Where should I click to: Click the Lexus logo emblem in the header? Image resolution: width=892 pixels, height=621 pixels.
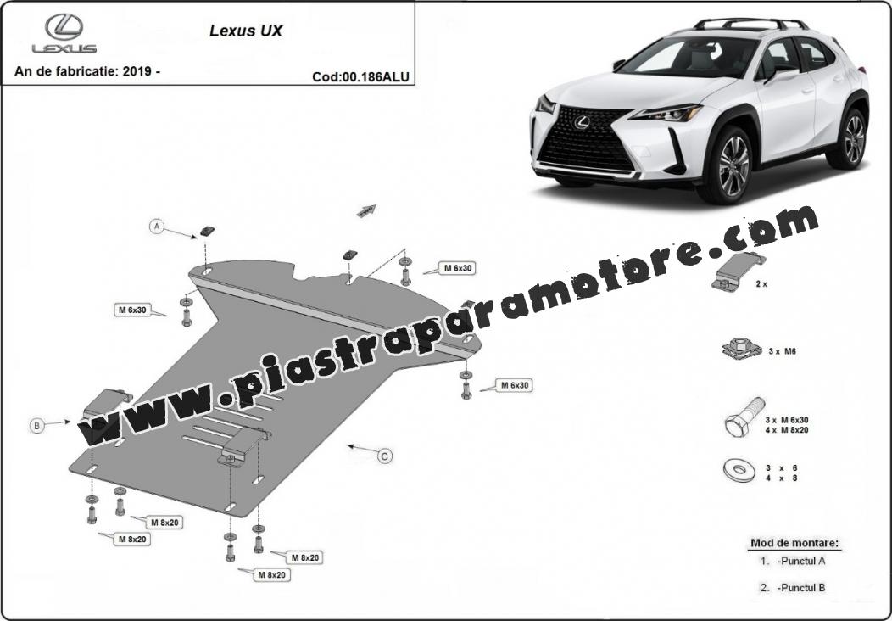[x=64, y=27]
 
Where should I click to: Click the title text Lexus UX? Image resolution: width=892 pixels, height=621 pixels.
[x=246, y=31]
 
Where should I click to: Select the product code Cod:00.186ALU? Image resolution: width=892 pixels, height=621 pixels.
[x=360, y=77]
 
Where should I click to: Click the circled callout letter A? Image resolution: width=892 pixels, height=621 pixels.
[x=157, y=227]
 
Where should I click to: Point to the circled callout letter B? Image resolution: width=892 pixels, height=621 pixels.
[x=37, y=425]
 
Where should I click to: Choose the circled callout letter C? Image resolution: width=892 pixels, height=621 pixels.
[x=385, y=456]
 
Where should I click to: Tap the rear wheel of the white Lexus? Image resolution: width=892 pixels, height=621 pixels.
[x=851, y=138]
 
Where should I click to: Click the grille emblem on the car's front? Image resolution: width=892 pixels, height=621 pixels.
[x=582, y=121]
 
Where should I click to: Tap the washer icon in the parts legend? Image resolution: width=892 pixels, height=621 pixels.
[x=739, y=470]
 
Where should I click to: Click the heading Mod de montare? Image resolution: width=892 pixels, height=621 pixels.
[x=794, y=542]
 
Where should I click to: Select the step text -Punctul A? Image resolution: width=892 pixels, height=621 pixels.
[x=800, y=561]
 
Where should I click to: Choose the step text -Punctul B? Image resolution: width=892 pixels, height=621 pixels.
[x=800, y=587]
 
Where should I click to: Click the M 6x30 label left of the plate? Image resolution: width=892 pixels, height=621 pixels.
[x=132, y=310]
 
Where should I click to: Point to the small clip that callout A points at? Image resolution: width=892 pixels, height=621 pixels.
[x=207, y=231]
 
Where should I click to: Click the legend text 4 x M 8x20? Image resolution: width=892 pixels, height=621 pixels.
[x=787, y=430]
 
